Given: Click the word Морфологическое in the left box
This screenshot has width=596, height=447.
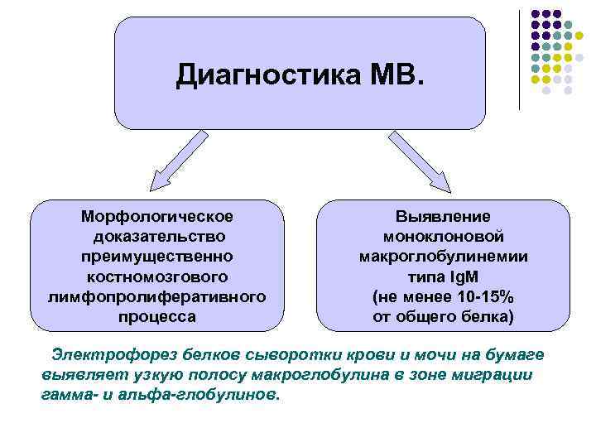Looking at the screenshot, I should click(x=157, y=217).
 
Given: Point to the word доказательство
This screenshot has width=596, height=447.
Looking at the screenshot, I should click(x=157, y=237).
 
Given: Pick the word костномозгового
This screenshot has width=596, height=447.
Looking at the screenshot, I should click(x=157, y=276).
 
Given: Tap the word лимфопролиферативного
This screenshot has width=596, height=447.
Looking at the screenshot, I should click(x=157, y=296).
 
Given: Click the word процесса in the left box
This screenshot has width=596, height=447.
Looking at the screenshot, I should click(x=157, y=316).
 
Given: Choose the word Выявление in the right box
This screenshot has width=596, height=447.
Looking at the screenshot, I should click(x=443, y=217).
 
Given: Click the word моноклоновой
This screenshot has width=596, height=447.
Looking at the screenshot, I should click(x=443, y=237).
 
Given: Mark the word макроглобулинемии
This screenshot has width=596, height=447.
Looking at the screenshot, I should click(x=443, y=257).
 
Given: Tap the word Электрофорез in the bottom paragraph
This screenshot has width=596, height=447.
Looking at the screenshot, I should click(x=100, y=355).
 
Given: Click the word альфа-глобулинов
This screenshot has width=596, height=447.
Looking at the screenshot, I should click(x=212, y=395).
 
